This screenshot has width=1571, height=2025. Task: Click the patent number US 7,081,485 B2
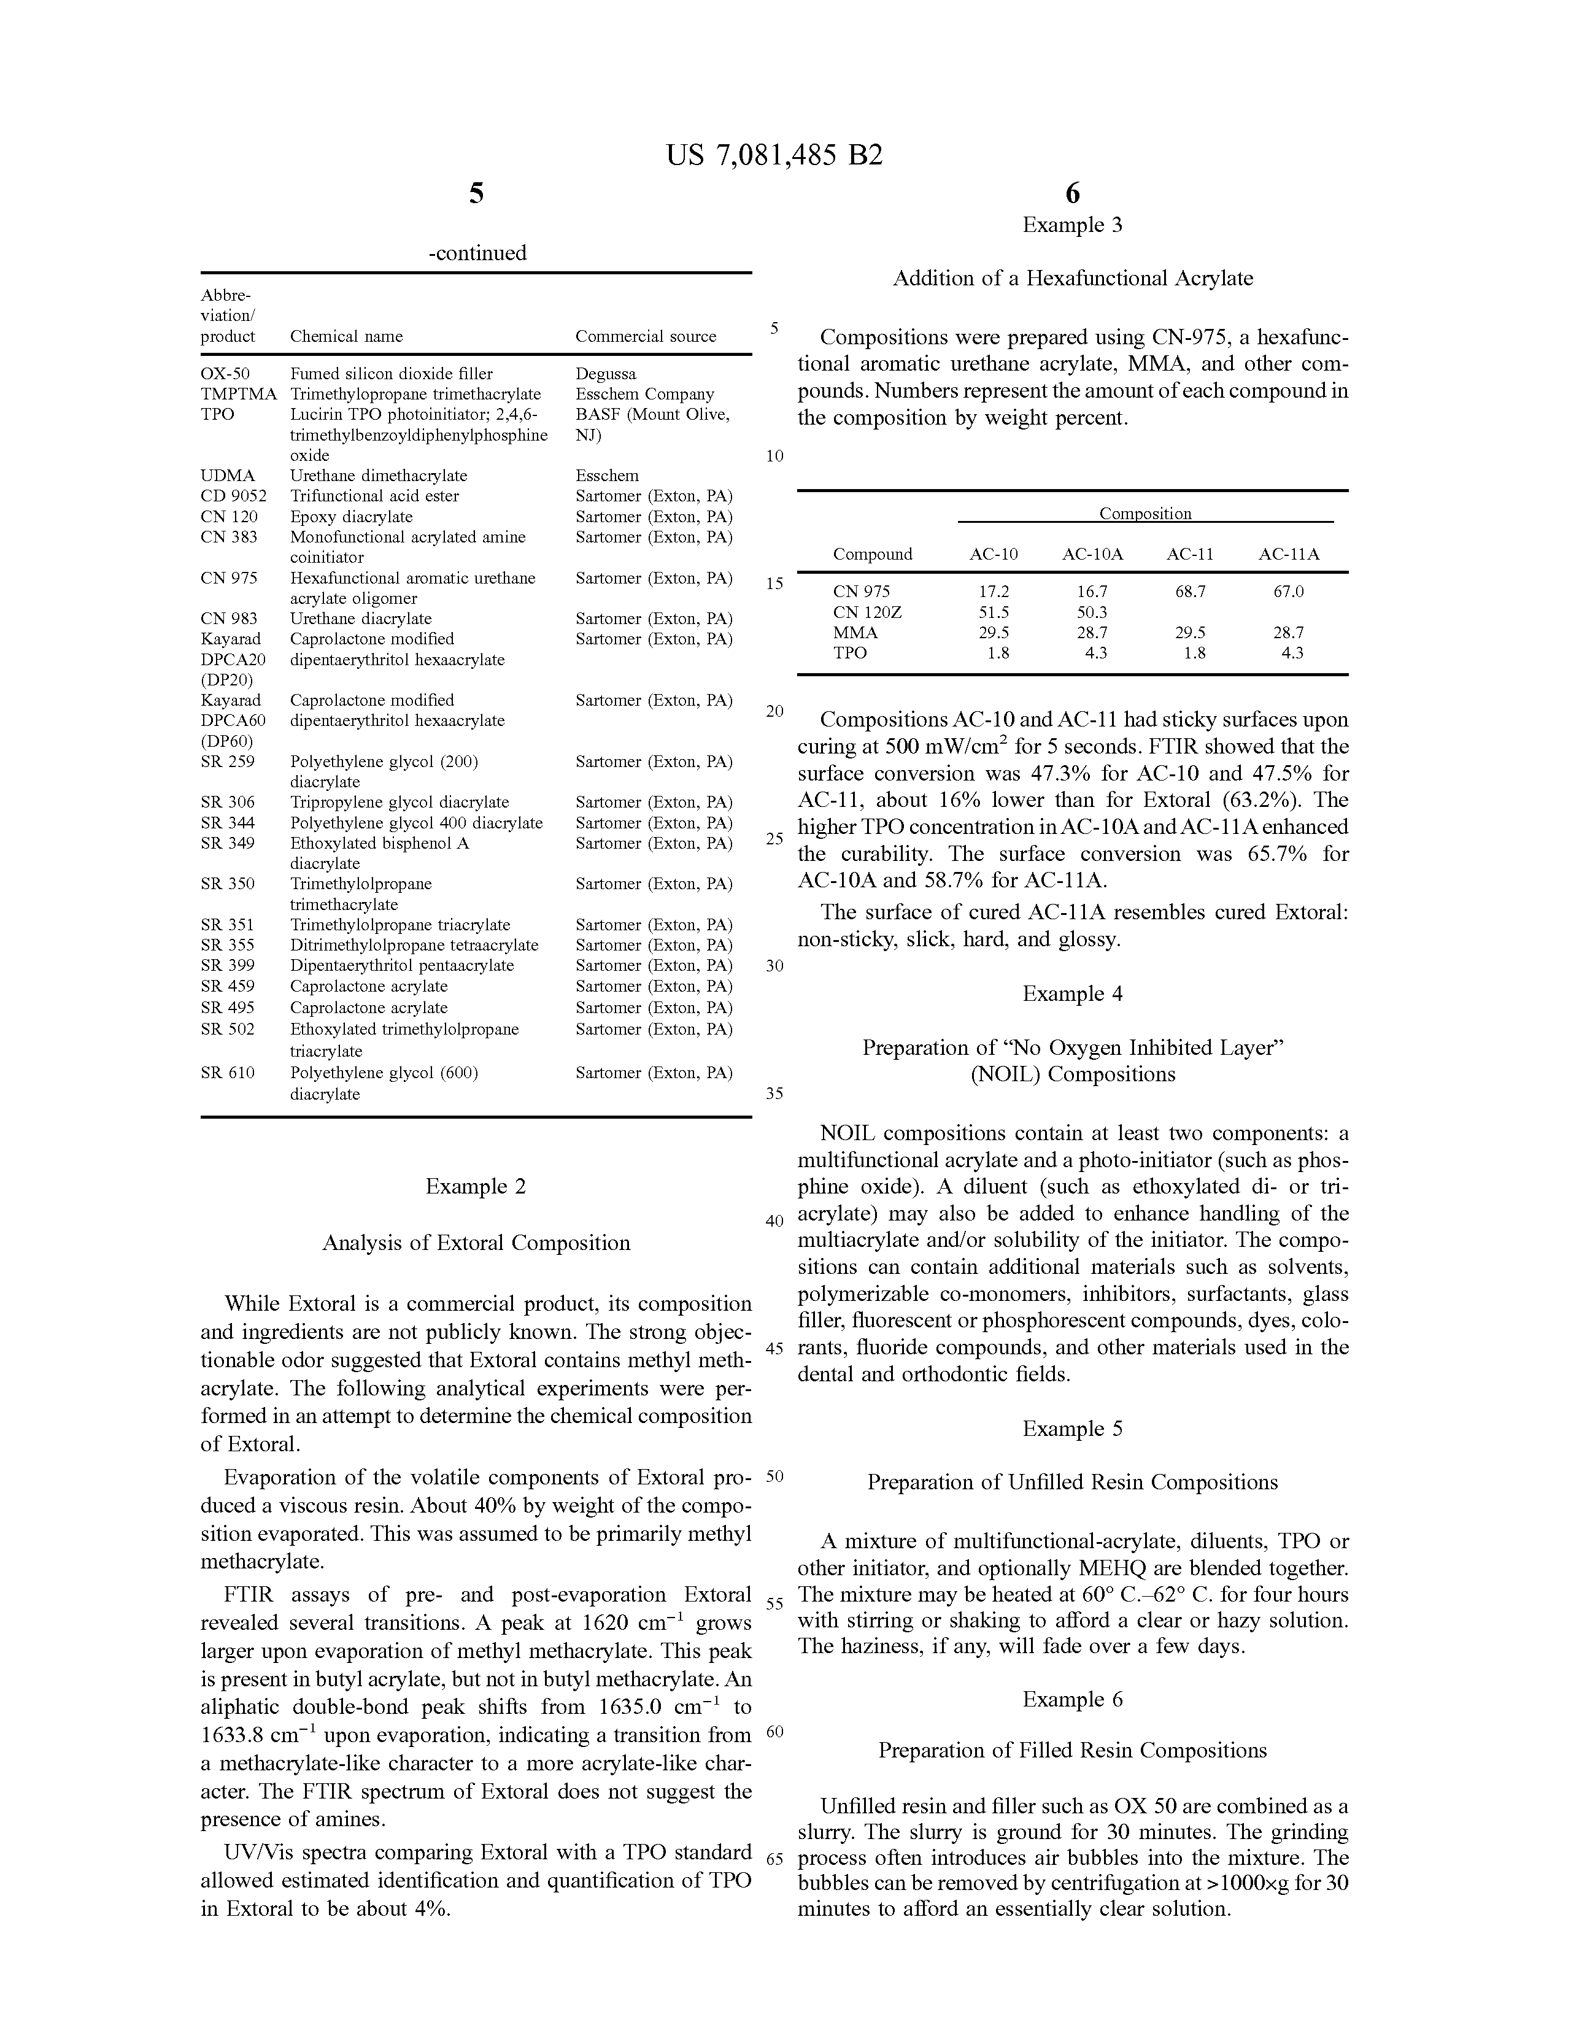(x=774, y=155)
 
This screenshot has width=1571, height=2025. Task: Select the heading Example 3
(x=1072, y=225)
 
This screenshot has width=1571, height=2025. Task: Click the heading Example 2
(x=476, y=1187)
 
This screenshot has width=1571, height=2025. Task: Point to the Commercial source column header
(x=646, y=336)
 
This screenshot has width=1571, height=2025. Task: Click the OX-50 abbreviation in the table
(x=225, y=374)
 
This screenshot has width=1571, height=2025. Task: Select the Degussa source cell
(x=606, y=374)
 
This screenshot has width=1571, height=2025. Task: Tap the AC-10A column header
(x=1092, y=555)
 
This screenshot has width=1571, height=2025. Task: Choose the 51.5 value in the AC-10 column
(x=994, y=612)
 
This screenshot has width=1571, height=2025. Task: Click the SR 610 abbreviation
(x=228, y=1073)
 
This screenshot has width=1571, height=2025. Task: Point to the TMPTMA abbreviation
(x=238, y=394)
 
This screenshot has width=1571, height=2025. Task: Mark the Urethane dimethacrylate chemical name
(x=379, y=476)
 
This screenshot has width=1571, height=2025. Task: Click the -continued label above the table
(x=477, y=253)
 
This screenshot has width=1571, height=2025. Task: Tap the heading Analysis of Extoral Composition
(x=476, y=1243)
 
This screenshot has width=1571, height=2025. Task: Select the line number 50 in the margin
(x=775, y=1476)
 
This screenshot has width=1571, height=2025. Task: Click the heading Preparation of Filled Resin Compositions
(x=1072, y=1751)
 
